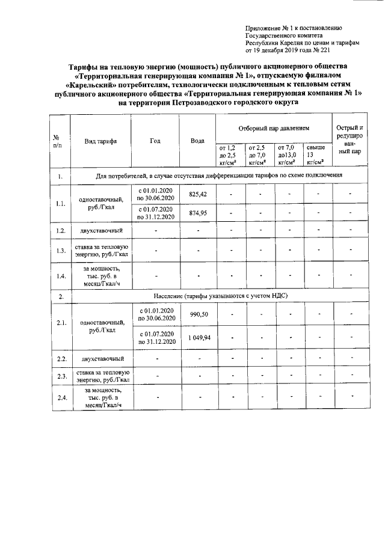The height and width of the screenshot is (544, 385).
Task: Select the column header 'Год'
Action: coord(155,141)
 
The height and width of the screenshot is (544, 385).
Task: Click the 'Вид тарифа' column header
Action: coord(100,141)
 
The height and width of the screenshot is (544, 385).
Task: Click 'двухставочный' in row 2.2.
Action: coord(102,359)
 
